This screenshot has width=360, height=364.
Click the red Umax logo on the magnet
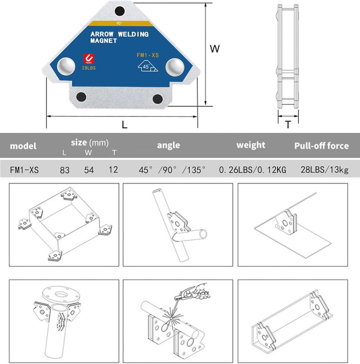(x=88, y=58)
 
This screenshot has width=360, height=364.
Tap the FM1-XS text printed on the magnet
(x=148, y=55)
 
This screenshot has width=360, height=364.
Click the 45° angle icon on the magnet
(x=148, y=67)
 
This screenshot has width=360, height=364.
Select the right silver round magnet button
(x=175, y=67)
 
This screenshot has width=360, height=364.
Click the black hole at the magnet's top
(x=119, y=11)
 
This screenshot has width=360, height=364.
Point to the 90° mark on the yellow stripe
(x=119, y=23)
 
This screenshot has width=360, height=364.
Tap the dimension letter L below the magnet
(x=125, y=125)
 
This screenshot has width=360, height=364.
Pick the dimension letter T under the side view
(x=288, y=125)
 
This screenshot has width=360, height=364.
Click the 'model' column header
(x=23, y=146)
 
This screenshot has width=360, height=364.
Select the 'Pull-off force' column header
(x=321, y=146)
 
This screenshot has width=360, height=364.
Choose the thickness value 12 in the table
(x=113, y=170)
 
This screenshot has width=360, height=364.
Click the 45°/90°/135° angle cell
(x=173, y=170)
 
